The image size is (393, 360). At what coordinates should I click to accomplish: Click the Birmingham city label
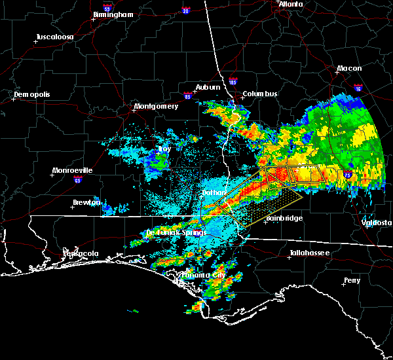(x=113, y=14)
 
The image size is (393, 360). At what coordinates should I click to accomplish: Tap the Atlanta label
(x=291, y=4)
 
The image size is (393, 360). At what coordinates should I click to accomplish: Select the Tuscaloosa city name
(x=56, y=37)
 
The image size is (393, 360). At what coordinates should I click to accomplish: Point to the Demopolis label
(x=33, y=95)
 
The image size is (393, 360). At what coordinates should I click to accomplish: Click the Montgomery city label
(x=156, y=106)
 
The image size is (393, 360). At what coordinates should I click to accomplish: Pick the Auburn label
(x=207, y=87)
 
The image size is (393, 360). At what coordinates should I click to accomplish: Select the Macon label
(x=349, y=68)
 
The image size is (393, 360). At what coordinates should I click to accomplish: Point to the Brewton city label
(x=87, y=202)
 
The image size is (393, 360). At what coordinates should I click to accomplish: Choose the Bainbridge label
(x=284, y=218)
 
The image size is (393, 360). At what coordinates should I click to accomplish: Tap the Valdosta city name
(x=377, y=223)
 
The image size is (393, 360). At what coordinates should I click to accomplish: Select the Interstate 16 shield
(x=358, y=87)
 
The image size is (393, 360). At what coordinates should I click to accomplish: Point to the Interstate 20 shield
(x=185, y=10)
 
